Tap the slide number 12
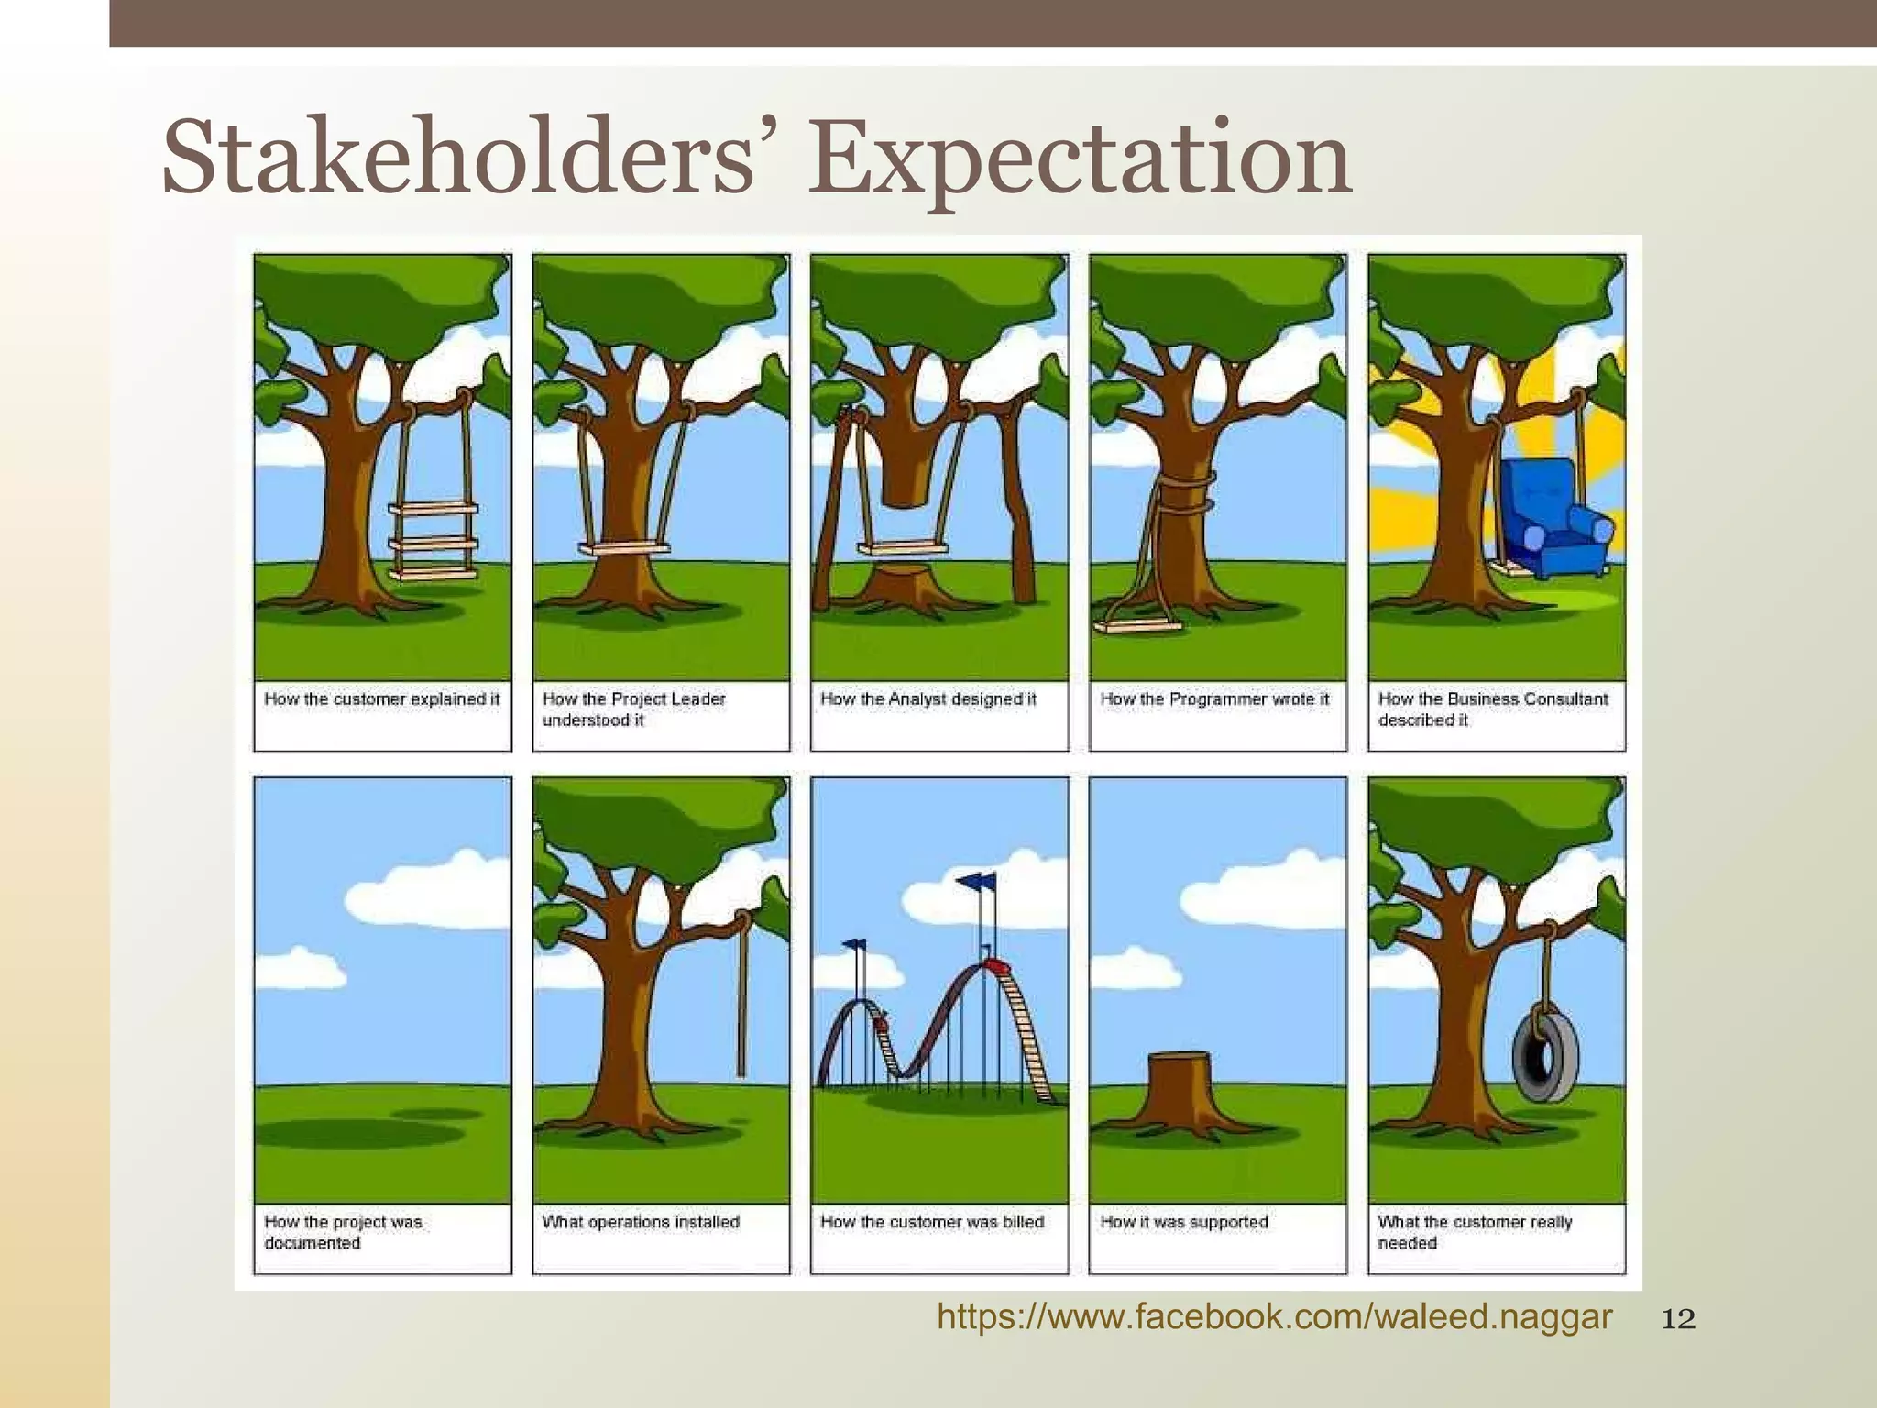(1678, 1319)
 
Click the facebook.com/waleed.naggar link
(1274, 1317)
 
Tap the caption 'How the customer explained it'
(382, 699)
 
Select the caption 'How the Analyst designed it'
(928, 699)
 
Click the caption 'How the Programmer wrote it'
(1214, 699)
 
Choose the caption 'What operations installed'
(641, 1222)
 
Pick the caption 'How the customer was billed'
(932, 1222)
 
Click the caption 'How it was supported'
(1184, 1222)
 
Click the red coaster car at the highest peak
(994, 964)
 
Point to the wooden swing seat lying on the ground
(1137, 626)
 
